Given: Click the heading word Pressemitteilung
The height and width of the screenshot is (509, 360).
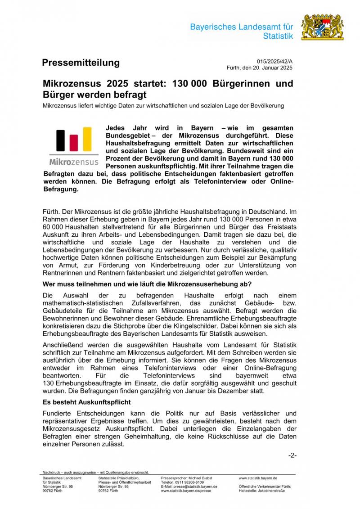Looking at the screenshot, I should click(81, 63).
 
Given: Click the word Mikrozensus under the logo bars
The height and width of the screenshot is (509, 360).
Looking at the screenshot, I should click(74, 161).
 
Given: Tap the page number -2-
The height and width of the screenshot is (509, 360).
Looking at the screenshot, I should click(292, 455).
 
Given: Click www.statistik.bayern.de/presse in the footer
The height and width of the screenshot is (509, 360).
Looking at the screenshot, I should click(186, 491).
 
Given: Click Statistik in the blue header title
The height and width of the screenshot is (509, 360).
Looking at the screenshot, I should click(278, 36).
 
